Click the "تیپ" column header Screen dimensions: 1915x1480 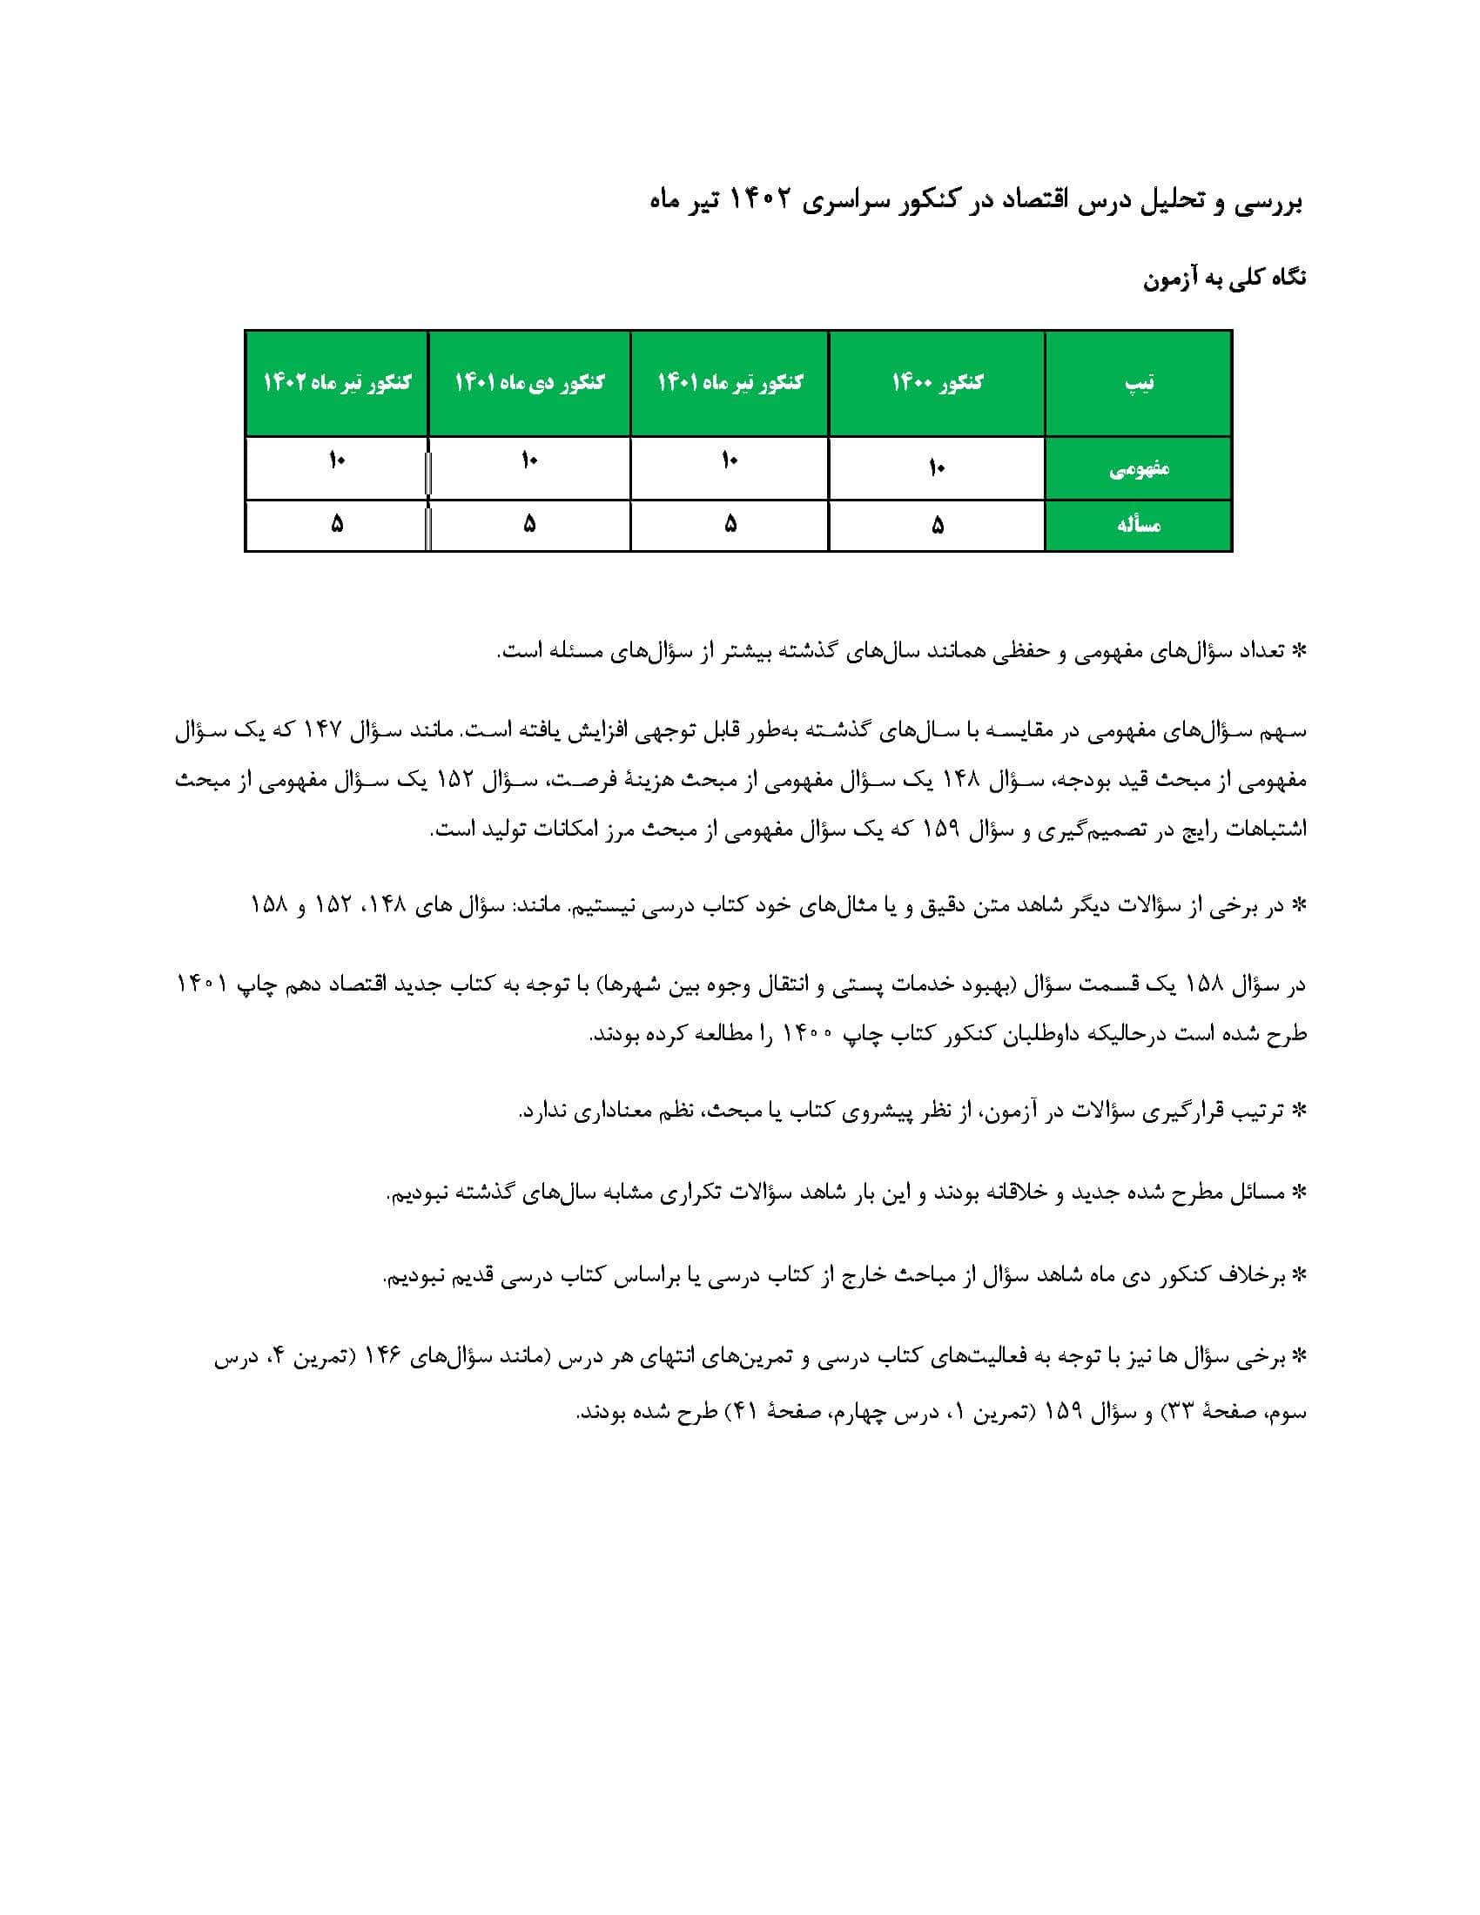1138,383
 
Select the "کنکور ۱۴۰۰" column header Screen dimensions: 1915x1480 937,383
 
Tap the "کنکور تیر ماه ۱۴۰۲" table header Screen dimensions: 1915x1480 337,383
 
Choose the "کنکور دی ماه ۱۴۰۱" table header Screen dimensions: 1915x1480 528,383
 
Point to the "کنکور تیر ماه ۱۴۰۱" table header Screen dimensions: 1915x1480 730,383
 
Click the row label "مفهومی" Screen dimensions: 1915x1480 1138,469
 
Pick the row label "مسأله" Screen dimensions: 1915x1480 1138,525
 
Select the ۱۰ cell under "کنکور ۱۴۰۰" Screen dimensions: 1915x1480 937,469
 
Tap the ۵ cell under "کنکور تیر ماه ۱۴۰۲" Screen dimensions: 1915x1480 337,524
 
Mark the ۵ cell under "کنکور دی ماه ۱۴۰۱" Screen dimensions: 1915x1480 528,524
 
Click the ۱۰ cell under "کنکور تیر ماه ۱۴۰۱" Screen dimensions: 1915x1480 730,460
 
